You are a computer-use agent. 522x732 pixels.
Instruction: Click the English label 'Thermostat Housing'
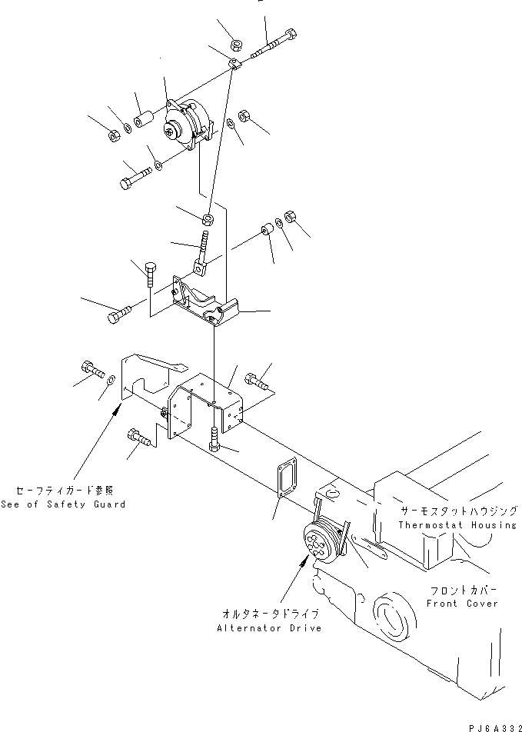click(457, 524)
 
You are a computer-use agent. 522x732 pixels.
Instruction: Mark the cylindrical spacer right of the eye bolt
click(268, 231)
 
